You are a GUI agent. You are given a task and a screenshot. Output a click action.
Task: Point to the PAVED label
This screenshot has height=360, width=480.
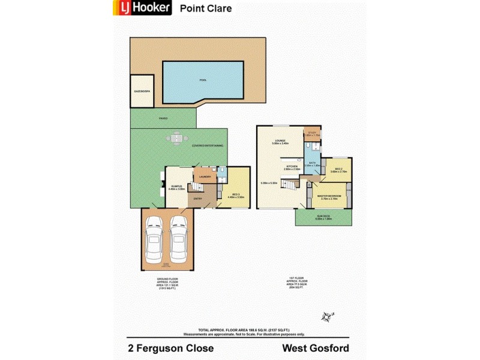(163, 118)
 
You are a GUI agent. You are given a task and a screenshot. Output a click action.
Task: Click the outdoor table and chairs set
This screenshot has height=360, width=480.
(176, 139)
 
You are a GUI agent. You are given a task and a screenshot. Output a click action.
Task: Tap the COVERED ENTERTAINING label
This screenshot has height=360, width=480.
(208, 146)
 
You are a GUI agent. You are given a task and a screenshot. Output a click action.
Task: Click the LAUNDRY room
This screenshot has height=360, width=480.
(204, 176)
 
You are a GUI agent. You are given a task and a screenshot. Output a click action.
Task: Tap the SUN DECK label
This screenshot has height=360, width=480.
(323, 217)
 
